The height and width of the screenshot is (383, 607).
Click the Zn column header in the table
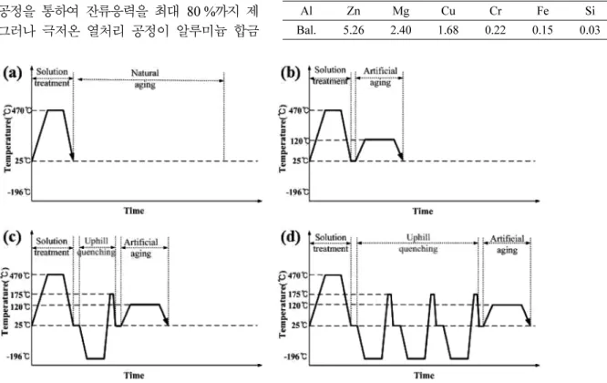pyautogui.click(x=353, y=11)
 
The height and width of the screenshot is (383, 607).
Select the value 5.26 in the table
pyautogui.click(x=354, y=30)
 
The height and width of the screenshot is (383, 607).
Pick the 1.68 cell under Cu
pyautogui.click(x=448, y=30)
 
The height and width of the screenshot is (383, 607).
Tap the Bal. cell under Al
pyautogui.click(x=306, y=30)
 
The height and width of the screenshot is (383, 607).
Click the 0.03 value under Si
pyautogui.click(x=590, y=30)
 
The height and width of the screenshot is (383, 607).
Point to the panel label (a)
pyautogui.click(x=13, y=72)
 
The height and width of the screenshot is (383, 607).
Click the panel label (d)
pyautogui.click(x=291, y=237)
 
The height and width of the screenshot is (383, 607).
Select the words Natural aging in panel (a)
pyautogui.click(x=145, y=78)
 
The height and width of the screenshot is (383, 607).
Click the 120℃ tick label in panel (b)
pyautogui.click(x=300, y=141)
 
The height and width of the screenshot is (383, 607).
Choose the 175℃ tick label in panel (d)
pyautogui.click(x=298, y=295)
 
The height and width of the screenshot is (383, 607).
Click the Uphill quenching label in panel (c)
pyautogui.click(x=97, y=247)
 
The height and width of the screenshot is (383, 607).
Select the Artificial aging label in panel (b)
pyautogui.click(x=380, y=77)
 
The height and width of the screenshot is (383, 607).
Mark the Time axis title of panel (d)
pyautogui.click(x=424, y=376)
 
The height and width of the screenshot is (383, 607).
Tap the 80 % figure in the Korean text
pyautogui.click(x=201, y=12)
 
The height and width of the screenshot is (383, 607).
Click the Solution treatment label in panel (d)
pyautogui.click(x=331, y=243)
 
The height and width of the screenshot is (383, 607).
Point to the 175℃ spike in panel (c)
pyautogui.click(x=111, y=309)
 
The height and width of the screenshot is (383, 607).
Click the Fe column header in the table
pyautogui.click(x=542, y=11)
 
